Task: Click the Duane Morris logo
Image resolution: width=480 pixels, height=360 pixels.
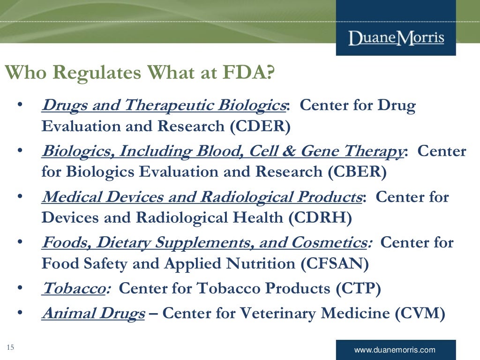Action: [x=396, y=37]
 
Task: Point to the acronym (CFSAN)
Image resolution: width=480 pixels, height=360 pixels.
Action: [x=335, y=264]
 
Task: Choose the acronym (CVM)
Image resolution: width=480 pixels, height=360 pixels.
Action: [x=419, y=313]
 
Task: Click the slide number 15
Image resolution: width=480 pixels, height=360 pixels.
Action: [x=10, y=347]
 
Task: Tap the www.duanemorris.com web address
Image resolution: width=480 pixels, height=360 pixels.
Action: [x=395, y=350]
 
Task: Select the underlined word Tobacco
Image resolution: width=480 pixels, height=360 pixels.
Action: [x=73, y=288]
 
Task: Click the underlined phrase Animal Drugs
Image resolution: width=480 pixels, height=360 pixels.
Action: [x=93, y=313]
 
